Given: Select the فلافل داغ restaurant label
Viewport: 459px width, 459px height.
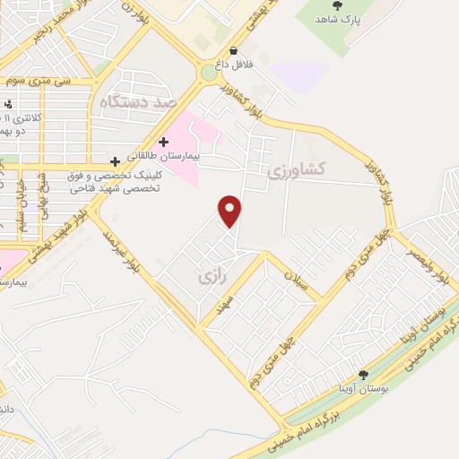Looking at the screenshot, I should pos(233,65).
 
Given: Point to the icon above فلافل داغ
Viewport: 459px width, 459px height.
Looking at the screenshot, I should pos(233,52).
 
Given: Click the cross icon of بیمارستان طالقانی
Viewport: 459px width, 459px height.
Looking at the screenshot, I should pos(163,141).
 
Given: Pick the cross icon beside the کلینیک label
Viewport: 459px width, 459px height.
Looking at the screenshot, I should pos(115,161).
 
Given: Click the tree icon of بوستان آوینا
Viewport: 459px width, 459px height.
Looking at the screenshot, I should pos(362,375).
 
